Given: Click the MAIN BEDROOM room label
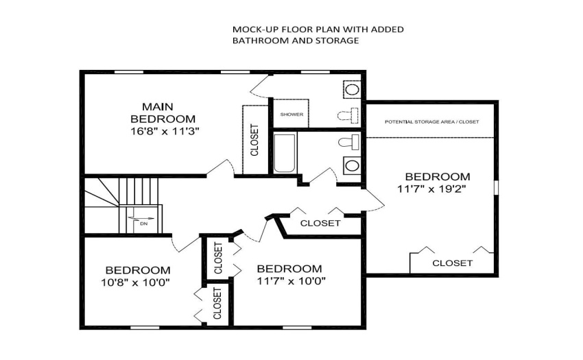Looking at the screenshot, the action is click(x=163, y=112).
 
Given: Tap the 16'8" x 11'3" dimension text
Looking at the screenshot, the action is click(x=165, y=131).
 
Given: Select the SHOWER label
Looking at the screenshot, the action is click(x=292, y=115).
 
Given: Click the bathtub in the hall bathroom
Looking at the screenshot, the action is click(x=285, y=153).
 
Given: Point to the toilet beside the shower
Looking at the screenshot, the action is click(x=348, y=115).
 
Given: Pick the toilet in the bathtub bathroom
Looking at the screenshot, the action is click(x=348, y=143).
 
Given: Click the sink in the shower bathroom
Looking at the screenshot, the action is click(x=352, y=90).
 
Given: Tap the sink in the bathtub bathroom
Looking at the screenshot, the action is click(x=352, y=165).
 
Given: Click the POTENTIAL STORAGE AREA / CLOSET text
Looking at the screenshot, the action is click(x=431, y=122).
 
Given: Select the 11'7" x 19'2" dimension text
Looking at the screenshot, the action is click(x=431, y=189).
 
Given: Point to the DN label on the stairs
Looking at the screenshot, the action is click(x=143, y=224).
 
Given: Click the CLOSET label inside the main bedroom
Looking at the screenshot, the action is click(x=254, y=140).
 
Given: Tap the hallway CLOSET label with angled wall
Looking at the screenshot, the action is click(x=320, y=223).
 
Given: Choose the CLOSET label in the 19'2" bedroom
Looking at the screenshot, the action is click(x=453, y=263).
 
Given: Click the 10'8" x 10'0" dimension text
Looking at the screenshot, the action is click(x=135, y=283).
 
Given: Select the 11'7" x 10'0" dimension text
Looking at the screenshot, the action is click(x=291, y=281).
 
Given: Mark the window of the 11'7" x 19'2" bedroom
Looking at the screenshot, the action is click(x=496, y=187).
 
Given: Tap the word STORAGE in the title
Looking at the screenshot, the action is click(x=337, y=40).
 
